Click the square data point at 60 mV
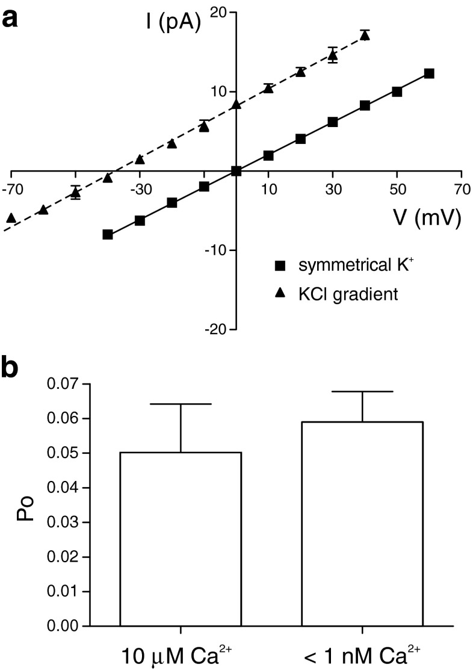(x=429, y=73)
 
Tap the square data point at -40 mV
(x=108, y=234)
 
